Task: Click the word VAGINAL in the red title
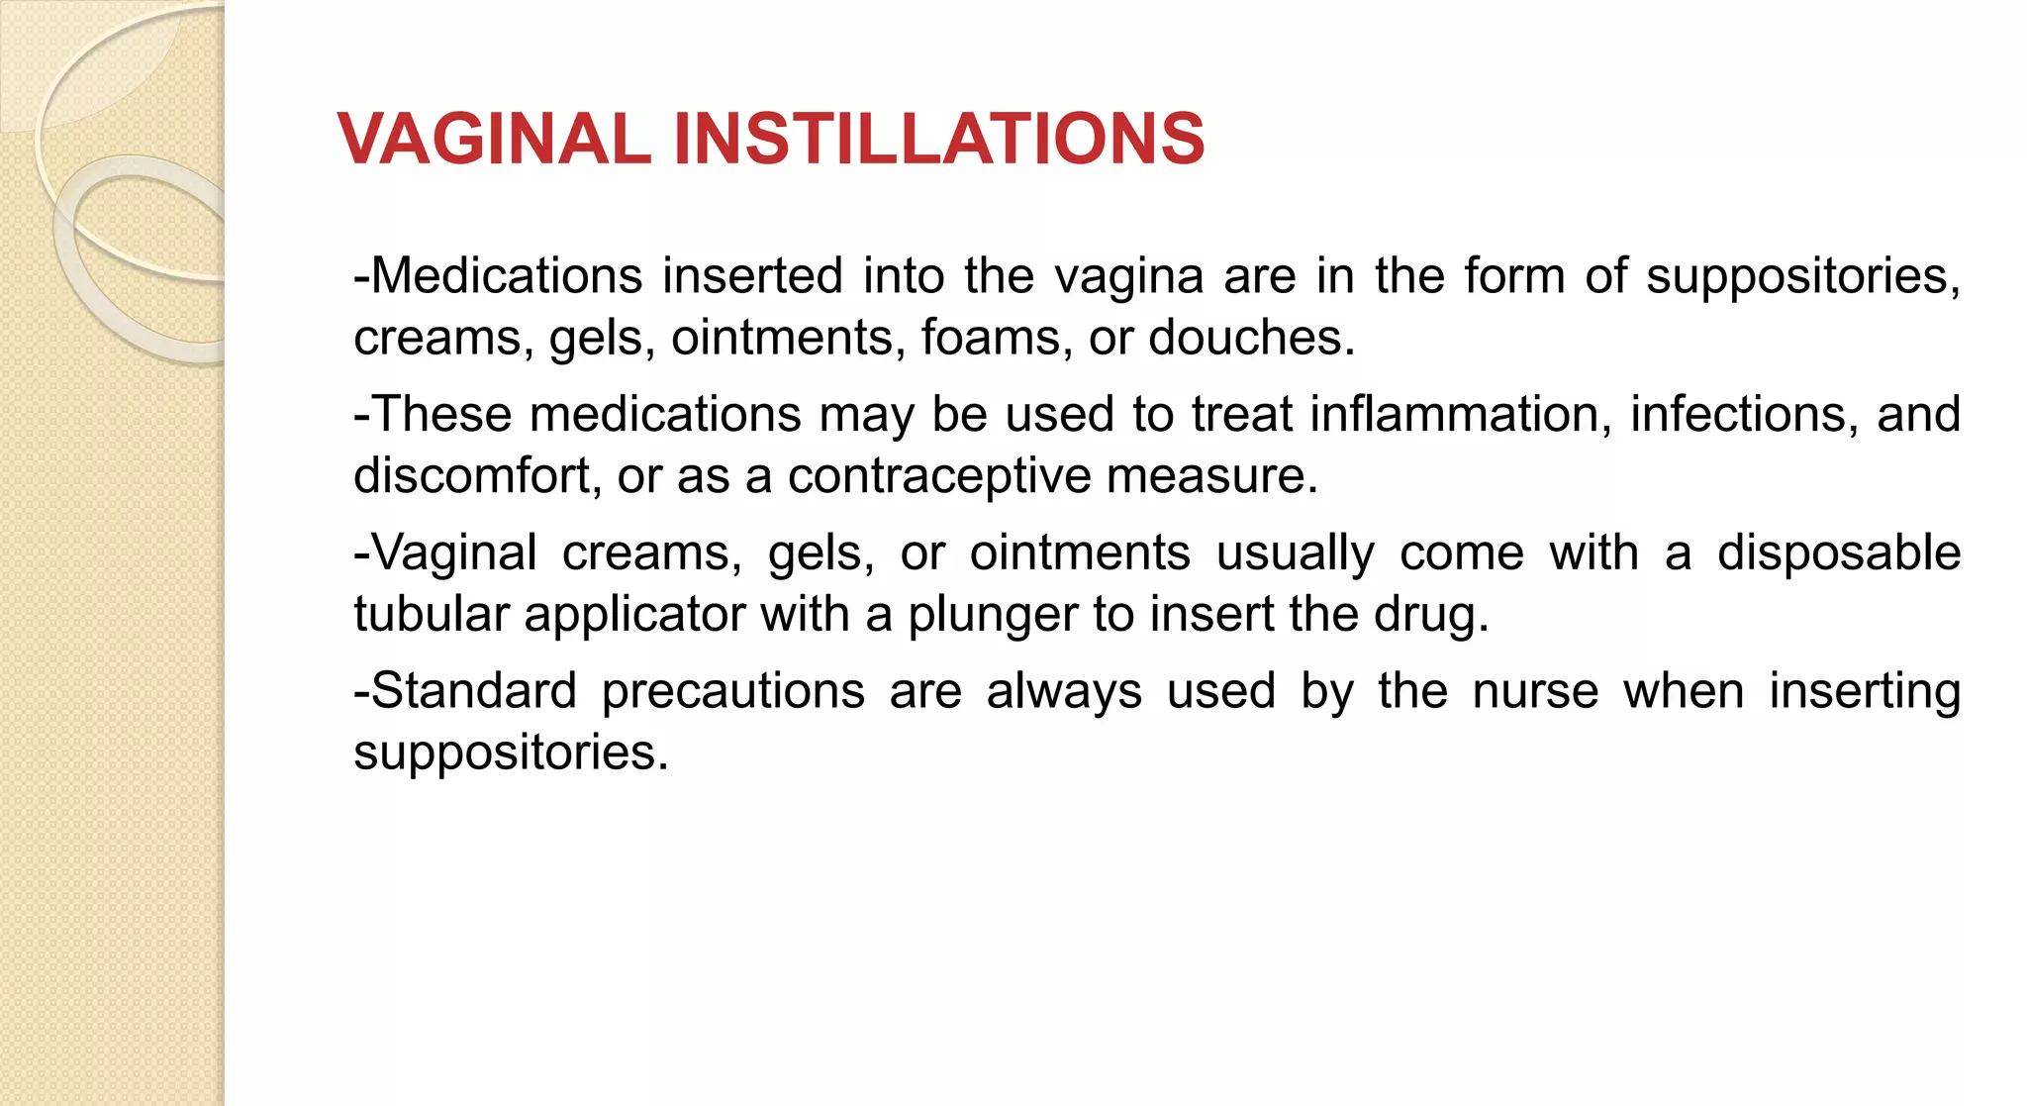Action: [x=494, y=138]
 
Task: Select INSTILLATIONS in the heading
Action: [x=938, y=138]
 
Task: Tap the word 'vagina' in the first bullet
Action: [x=1128, y=276]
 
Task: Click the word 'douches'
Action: [x=1251, y=338]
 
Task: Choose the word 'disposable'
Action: [x=1838, y=553]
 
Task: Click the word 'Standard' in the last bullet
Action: [x=465, y=690]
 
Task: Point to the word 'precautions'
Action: [x=733, y=692]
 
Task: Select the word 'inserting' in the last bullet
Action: [x=1865, y=692]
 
